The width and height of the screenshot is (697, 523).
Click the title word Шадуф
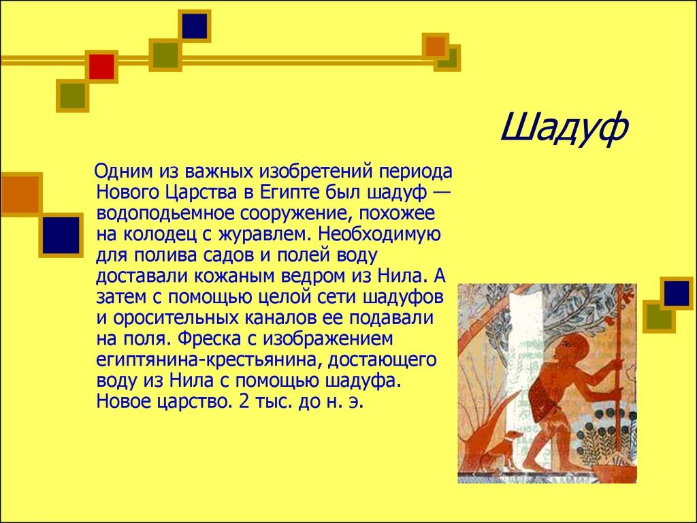564,128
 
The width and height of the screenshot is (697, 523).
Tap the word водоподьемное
165,214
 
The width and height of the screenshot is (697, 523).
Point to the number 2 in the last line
243,402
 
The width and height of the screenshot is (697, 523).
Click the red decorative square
102,67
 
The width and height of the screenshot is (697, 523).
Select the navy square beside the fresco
677,294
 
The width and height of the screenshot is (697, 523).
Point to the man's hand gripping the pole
615,366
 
